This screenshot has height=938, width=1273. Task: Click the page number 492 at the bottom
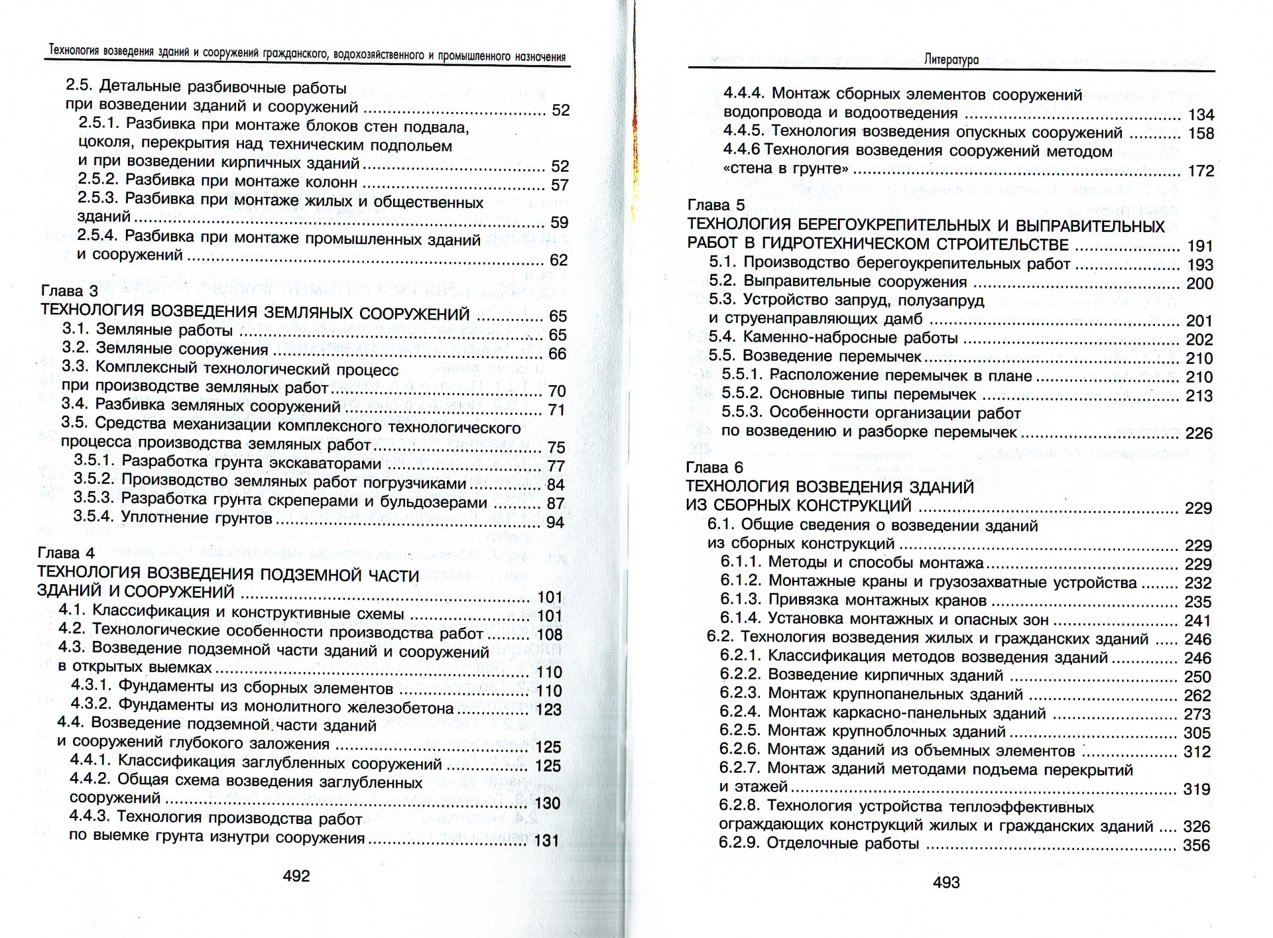point(296,876)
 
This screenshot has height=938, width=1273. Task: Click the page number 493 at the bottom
point(946,882)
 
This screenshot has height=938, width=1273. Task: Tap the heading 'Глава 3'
point(70,292)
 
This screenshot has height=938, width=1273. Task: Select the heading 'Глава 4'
point(67,553)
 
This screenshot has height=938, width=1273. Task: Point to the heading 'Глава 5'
point(716,205)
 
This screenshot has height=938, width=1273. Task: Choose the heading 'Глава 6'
point(714,467)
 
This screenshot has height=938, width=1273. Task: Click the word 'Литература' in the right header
point(951,60)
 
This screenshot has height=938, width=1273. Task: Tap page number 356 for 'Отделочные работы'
point(1197,846)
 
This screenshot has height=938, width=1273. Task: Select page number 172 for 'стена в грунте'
point(1201,171)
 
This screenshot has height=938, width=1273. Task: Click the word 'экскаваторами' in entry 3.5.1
point(329,463)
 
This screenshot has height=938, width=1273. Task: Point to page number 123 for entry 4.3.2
point(548,710)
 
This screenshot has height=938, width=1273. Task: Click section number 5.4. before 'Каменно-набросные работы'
point(722,338)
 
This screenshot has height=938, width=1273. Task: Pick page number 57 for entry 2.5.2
point(560,185)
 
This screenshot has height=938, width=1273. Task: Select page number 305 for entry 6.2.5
point(1197,733)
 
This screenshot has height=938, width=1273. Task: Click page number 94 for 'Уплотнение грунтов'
point(556,522)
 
